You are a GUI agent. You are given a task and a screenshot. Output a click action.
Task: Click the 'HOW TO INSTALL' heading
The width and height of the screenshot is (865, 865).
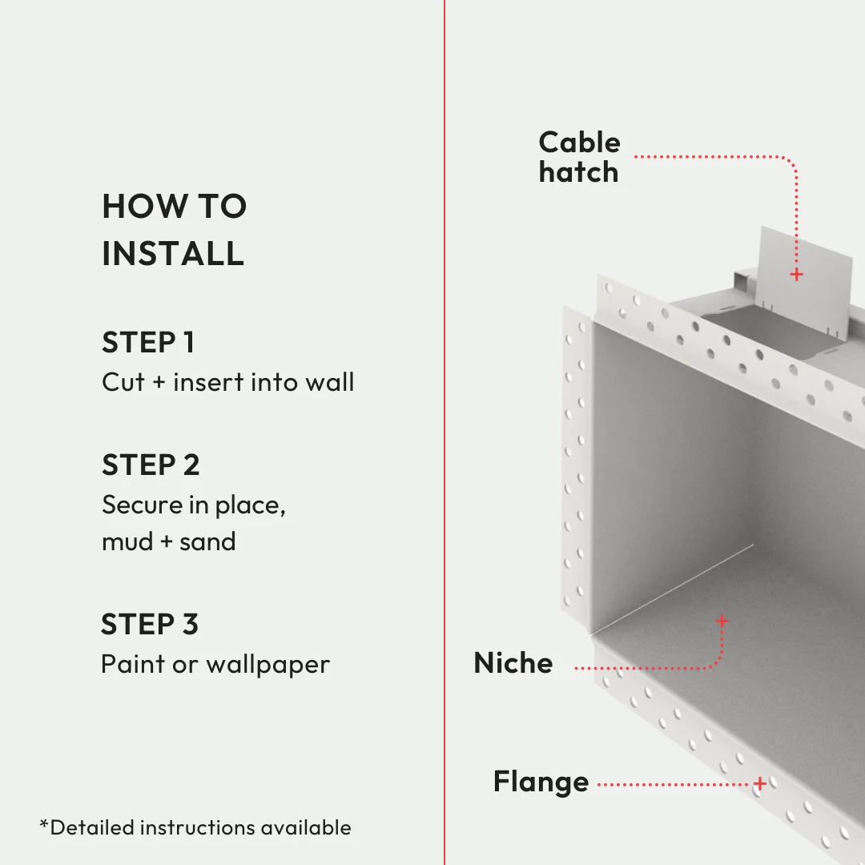tap(174, 230)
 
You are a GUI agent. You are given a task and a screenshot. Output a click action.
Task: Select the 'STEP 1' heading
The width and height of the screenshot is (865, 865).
tap(148, 343)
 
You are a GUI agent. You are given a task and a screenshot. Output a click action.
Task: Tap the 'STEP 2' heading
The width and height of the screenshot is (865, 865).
tap(151, 465)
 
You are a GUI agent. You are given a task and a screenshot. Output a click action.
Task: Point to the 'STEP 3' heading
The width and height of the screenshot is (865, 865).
tap(150, 625)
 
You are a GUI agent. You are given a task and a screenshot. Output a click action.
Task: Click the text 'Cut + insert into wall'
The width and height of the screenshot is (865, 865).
tap(227, 382)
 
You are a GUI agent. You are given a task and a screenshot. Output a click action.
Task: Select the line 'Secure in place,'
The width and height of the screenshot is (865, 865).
tap(194, 505)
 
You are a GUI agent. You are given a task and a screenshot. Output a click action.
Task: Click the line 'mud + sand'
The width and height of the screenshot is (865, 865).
tap(168, 542)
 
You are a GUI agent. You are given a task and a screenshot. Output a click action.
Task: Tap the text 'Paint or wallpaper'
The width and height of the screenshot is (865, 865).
tap(215, 665)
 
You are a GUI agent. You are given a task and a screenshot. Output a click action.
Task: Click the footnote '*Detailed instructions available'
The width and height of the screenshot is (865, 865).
tap(195, 827)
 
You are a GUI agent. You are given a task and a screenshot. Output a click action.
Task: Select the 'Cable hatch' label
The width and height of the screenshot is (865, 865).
tap(579, 157)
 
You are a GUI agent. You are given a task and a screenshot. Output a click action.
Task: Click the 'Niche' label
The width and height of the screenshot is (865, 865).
tap(513, 663)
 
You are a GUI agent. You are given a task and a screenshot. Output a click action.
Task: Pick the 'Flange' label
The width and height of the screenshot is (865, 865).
tap(541, 782)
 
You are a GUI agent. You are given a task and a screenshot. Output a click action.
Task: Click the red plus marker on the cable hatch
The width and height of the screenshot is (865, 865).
tap(796, 275)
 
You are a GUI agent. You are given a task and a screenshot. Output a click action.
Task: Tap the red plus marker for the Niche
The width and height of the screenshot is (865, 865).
tap(722, 621)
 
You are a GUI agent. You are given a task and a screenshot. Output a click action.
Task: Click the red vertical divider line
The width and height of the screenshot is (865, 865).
tap(445, 432)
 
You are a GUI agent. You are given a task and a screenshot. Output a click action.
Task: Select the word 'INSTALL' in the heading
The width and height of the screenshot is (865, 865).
tap(173, 254)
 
